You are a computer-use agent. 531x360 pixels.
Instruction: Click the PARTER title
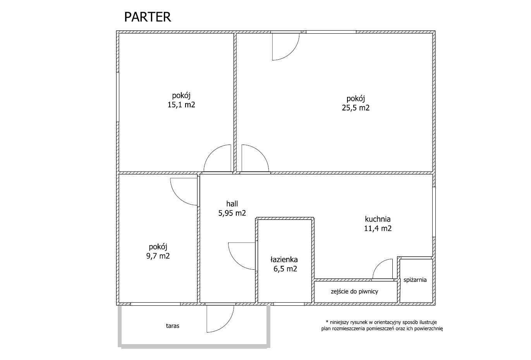[x=148, y=17]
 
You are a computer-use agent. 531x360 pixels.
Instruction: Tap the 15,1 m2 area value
[x=181, y=105]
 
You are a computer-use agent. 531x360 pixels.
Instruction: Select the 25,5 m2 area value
[x=356, y=108]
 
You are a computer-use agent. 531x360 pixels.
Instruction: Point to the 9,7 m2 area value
[x=158, y=256]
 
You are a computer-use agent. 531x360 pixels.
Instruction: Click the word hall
[x=232, y=203]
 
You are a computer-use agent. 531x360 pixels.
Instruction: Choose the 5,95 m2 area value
[x=232, y=213]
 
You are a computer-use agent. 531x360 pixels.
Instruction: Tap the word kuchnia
[x=378, y=219]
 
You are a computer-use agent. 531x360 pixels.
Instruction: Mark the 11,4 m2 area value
[x=378, y=228]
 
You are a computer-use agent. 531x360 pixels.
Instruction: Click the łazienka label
[x=284, y=260]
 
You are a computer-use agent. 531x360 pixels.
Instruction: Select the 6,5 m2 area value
[x=285, y=269]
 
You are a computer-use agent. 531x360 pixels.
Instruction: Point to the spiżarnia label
[x=415, y=280]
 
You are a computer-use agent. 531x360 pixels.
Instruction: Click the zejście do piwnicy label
[x=354, y=291]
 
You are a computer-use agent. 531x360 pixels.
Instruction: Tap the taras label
[x=173, y=326]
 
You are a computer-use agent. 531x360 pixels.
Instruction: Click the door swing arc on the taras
[x=227, y=324]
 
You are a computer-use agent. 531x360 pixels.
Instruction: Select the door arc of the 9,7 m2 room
[x=178, y=197]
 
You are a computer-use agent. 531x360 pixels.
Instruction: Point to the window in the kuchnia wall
[x=434, y=212]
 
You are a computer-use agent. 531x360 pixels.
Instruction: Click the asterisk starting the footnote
[x=327, y=321]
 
